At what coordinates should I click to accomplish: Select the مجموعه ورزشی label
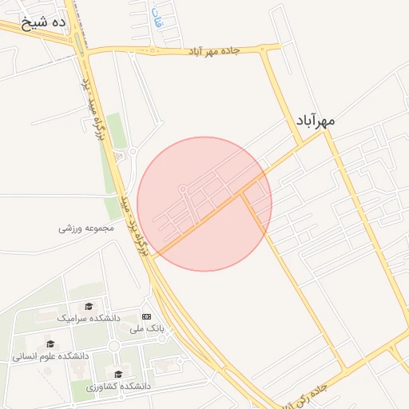coord(87,228)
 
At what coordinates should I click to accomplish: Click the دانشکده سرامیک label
coord(89,318)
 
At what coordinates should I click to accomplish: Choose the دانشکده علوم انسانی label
coord(50,356)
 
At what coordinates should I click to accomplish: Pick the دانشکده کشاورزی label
coord(118,386)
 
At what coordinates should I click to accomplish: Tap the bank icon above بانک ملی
coord(146,316)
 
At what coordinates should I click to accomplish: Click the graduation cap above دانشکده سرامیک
coord(89,306)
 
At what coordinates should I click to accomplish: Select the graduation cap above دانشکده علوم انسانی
coord(50,344)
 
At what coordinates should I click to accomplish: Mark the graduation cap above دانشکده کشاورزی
coord(118,374)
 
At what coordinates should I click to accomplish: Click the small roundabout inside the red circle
coord(183,189)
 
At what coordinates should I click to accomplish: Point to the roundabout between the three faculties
coord(114,346)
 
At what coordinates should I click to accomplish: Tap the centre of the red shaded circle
coord(204,204)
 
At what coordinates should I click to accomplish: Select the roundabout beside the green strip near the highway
coord(133,151)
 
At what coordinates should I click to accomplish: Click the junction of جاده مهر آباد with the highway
coord(85,53)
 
